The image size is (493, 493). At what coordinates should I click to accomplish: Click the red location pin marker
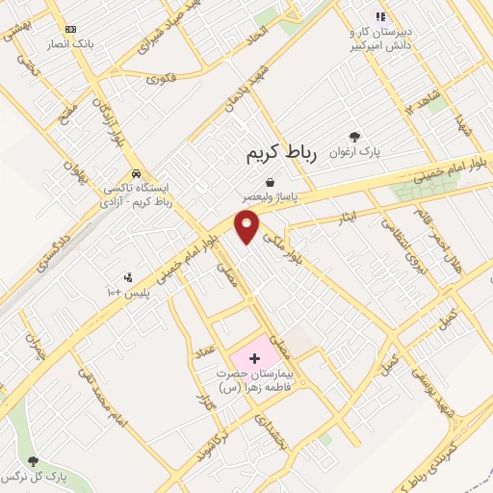[x=247, y=226]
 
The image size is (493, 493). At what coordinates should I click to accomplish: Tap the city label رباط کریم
[x=281, y=153]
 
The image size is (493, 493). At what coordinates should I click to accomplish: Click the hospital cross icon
[x=254, y=358]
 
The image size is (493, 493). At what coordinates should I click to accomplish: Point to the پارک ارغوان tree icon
[x=353, y=137]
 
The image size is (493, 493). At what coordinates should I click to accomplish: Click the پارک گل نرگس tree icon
[x=35, y=462]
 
